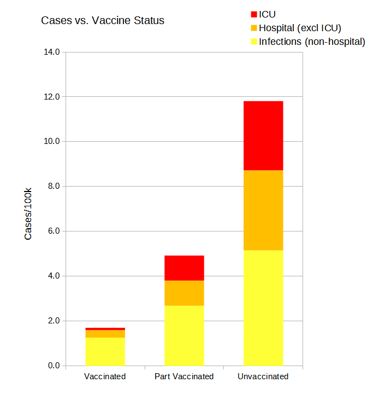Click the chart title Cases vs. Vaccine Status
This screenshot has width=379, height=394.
tap(103, 21)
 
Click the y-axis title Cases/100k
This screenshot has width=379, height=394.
tap(28, 213)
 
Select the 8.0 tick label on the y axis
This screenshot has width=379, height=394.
tap(55, 186)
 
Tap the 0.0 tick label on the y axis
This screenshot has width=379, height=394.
tap(55, 366)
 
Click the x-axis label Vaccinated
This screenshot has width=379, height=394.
tap(105, 376)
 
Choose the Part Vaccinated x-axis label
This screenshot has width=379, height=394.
tap(184, 376)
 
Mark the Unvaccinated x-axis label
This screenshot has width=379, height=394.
tap(263, 376)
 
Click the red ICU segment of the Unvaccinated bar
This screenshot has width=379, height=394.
tap(263, 136)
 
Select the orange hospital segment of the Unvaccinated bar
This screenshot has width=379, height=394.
tap(263, 210)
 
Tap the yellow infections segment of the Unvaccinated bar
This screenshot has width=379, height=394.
tap(263, 308)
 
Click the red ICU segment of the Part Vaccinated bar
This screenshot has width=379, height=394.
tap(184, 268)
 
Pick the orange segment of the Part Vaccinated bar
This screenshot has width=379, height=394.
tap(184, 293)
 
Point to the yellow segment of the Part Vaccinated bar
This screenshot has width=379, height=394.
tap(184, 335)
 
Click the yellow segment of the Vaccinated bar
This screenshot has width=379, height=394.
tap(105, 351)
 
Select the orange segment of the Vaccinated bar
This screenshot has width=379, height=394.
tap(105, 334)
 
